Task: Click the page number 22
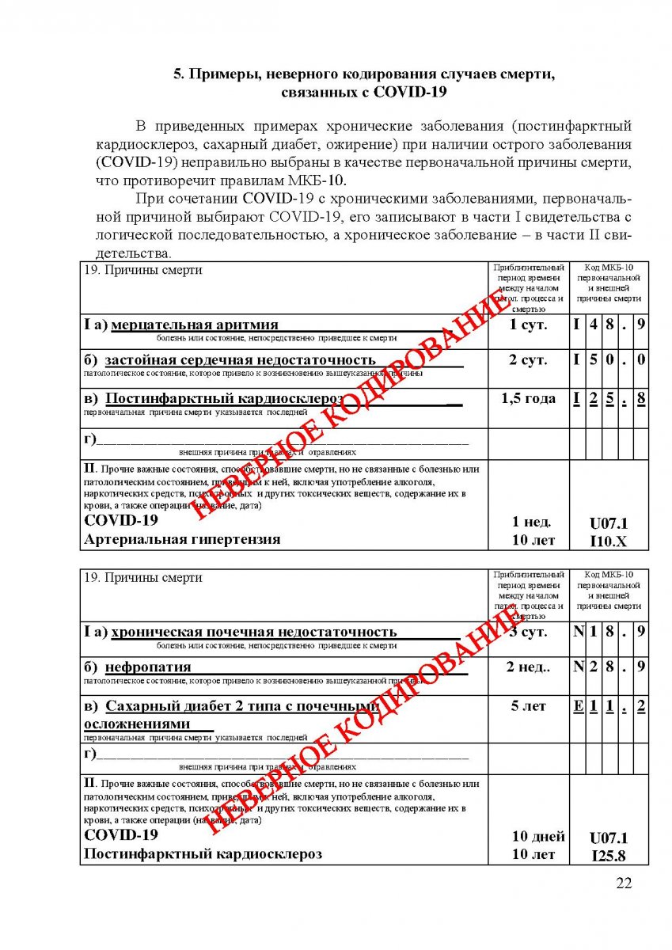click(624, 883)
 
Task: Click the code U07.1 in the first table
click(608, 522)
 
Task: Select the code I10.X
click(608, 541)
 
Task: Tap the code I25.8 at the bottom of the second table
click(609, 856)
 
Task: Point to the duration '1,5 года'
click(528, 399)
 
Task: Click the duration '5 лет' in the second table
click(528, 706)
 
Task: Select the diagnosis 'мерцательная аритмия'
click(195, 325)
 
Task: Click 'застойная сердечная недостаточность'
click(240, 361)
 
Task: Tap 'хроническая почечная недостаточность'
click(253, 632)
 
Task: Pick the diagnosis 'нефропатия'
click(148, 667)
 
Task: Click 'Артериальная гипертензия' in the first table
click(182, 540)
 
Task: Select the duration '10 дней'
click(537, 837)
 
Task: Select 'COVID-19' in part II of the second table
click(121, 835)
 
